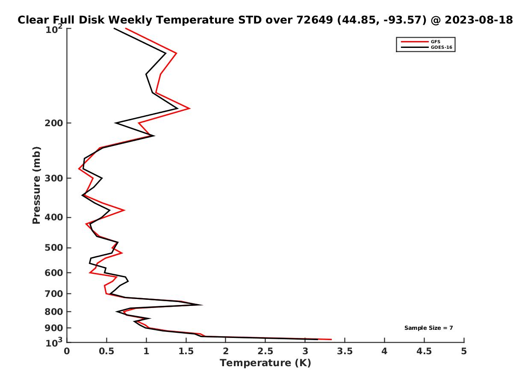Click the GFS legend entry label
point(435,41)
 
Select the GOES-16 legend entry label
point(441,47)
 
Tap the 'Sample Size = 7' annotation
point(428,328)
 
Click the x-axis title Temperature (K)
point(265,363)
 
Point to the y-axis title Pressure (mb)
point(36,185)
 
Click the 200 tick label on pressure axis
point(54,123)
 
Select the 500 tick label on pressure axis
point(54,248)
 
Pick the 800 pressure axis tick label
point(54,311)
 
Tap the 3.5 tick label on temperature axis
point(345,351)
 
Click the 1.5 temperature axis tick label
point(186,351)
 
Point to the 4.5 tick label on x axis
point(424,351)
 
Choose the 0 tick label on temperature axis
point(67,351)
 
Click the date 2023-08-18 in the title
point(478,20)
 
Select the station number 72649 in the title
point(314,20)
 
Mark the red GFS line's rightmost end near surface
point(331,339)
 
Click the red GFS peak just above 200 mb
point(189,108)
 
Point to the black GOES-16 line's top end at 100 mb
point(114,28)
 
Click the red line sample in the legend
point(415,41)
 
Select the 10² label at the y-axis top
point(54,29)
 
